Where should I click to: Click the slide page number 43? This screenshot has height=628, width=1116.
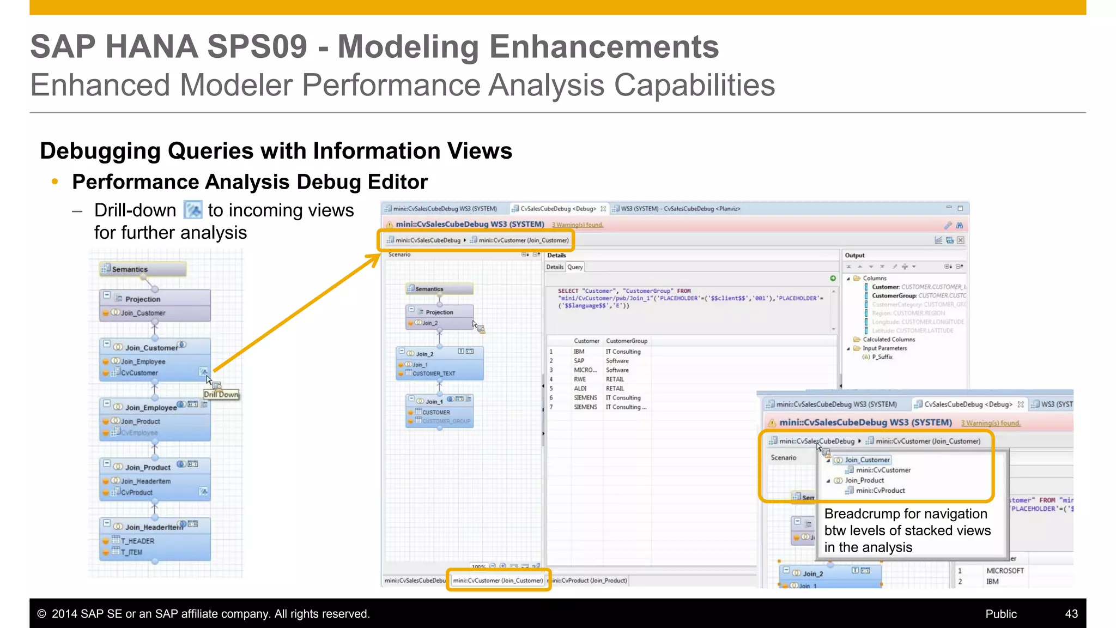point(1071,614)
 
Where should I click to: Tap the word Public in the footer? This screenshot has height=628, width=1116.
point(1000,614)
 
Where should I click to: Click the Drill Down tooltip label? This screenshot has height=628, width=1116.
point(221,395)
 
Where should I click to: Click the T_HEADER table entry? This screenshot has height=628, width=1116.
point(137,541)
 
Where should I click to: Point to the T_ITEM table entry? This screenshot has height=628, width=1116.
point(131,552)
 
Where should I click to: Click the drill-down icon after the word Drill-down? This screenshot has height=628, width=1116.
point(193,210)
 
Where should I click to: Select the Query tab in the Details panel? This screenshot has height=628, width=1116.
point(575,267)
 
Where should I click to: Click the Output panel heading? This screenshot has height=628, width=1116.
point(854,255)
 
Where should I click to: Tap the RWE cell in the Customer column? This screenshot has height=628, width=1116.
point(580,379)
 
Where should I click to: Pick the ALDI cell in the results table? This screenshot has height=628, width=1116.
point(580,389)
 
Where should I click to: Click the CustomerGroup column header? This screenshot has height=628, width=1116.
point(627,341)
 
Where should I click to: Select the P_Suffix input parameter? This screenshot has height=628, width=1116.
point(882,357)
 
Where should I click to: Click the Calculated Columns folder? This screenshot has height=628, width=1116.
point(888,340)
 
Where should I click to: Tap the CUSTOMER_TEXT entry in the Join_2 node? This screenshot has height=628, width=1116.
point(434,374)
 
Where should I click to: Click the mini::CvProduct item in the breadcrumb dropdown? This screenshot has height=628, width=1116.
point(880,491)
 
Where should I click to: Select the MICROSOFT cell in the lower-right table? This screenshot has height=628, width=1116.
point(1005,571)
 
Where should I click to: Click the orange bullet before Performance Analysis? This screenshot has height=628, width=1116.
point(54,182)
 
